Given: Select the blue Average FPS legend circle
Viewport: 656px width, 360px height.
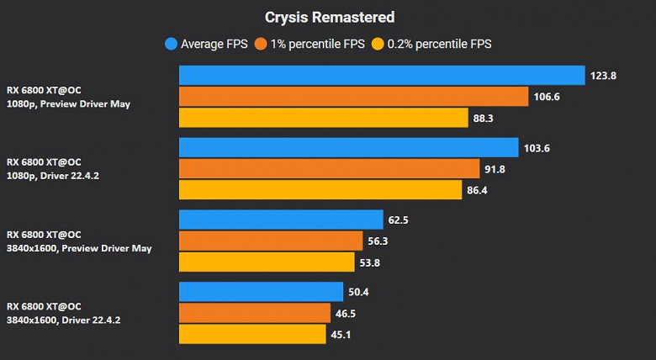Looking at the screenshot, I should [x=172, y=44].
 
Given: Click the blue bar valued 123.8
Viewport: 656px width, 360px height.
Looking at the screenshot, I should [x=382, y=76].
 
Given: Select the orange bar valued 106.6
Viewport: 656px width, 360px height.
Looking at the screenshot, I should [x=353, y=97].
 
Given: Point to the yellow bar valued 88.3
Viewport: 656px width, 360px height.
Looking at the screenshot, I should [x=323, y=119].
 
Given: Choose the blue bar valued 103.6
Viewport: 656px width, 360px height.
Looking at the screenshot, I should [x=348, y=148].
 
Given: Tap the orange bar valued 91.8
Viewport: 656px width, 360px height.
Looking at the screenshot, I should [x=329, y=169].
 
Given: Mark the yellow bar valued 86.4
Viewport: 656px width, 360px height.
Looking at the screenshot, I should [x=320, y=191].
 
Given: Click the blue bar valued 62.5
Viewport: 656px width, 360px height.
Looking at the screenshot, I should [x=281, y=220].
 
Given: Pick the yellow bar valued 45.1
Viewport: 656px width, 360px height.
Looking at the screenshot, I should [x=252, y=335].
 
